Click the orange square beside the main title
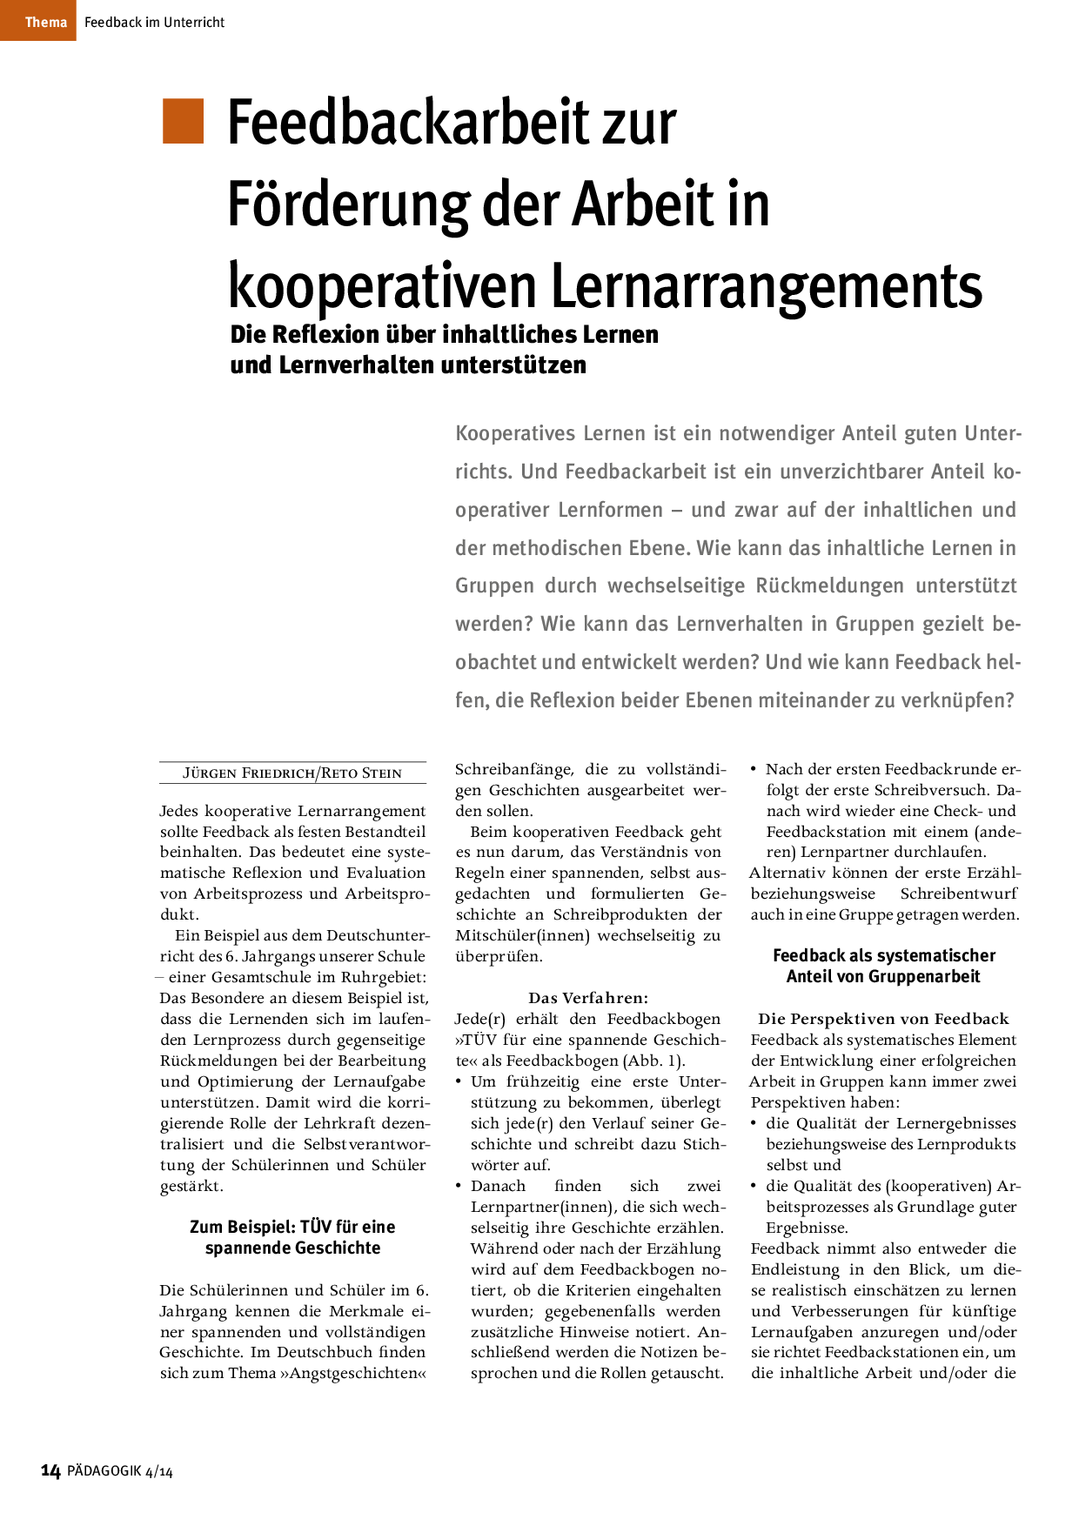pyautogui.click(x=183, y=121)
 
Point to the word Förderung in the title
pyautogui.click(x=348, y=204)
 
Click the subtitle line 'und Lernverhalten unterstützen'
pyautogui.click(x=408, y=365)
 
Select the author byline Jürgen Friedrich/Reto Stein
pyautogui.click(x=292, y=773)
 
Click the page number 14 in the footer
pyautogui.click(x=50, y=1471)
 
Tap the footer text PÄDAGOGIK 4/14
pyautogui.click(x=120, y=1472)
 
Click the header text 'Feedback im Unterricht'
pyautogui.click(x=154, y=23)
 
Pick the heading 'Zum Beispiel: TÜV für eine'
pyautogui.click(x=292, y=1227)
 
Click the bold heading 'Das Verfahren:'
pyautogui.click(x=588, y=998)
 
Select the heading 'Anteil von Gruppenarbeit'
pyautogui.click(x=883, y=976)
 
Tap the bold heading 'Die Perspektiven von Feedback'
pyautogui.click(x=883, y=1019)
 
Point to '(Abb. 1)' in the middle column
pyautogui.click(x=653, y=1061)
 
